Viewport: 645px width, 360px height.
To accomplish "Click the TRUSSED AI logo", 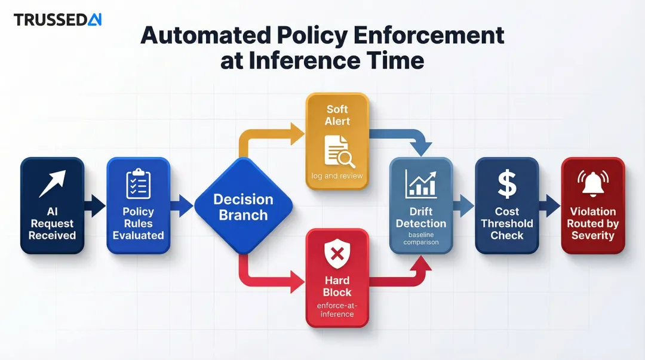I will click(57, 20).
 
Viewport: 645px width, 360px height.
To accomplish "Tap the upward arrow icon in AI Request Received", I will click(52, 184).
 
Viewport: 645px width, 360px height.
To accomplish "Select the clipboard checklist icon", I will click(138, 184).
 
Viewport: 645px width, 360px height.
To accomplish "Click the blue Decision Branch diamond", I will click(243, 206).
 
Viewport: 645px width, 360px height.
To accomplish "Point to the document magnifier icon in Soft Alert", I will click(339, 151).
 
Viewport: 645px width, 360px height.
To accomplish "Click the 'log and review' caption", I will click(337, 176).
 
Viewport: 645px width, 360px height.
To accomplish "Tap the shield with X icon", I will click(337, 254).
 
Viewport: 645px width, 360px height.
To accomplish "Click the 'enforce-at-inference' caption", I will click(337, 310).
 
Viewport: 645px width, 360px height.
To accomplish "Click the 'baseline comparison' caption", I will click(420, 238).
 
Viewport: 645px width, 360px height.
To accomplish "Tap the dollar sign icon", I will click(506, 184).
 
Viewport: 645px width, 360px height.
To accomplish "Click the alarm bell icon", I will click(592, 184).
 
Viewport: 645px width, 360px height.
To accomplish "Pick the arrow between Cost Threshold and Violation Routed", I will click(549, 206).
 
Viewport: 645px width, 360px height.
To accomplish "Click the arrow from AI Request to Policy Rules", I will click(94, 206).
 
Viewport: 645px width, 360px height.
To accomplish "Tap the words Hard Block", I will click(337, 287).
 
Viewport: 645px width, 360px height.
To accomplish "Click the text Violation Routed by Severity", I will click(592, 223).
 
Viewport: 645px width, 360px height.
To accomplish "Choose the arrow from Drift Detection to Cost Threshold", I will click(463, 206).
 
